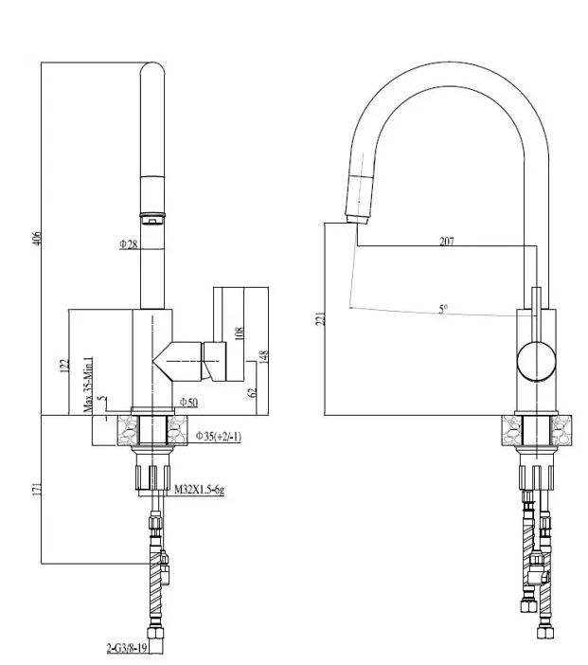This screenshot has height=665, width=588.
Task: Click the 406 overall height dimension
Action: tap(38, 238)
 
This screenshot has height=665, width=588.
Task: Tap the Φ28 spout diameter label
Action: tap(129, 243)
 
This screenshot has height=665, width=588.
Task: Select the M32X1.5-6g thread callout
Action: tap(198, 490)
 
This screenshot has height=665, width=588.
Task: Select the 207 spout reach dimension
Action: tap(447, 242)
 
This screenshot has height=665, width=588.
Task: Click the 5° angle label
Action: tap(443, 309)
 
